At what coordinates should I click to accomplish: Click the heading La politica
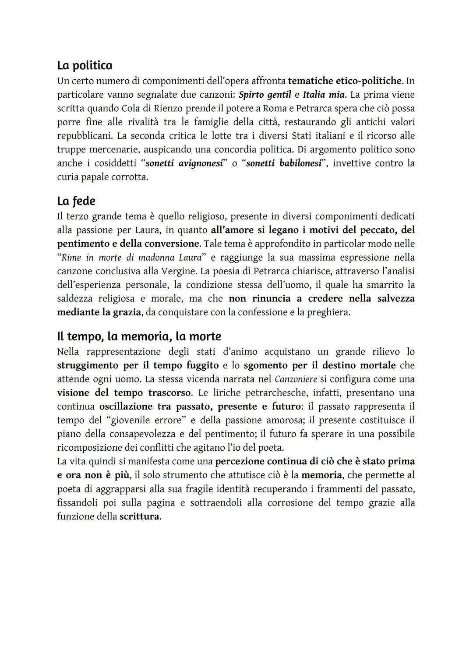tap(85, 66)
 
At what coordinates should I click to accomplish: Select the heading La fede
tap(76, 201)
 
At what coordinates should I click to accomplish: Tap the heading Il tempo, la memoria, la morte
tap(139, 337)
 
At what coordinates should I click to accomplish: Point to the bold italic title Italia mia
tap(323, 95)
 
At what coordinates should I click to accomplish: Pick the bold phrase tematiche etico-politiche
tap(345, 81)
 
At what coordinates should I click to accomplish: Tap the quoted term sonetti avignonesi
tap(184, 163)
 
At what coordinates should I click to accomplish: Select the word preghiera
tap(329, 313)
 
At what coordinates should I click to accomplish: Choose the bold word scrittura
tap(139, 516)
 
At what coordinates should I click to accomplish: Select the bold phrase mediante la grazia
tap(99, 313)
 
